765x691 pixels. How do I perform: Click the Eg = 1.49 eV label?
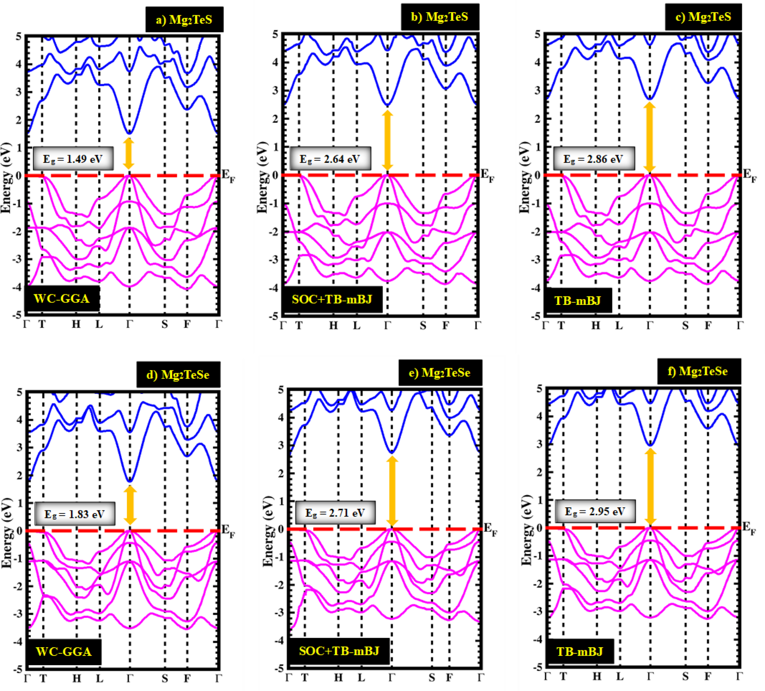coord(73,159)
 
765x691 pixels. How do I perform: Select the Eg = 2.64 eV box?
coord(330,159)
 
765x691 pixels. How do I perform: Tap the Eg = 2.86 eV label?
coord(594,159)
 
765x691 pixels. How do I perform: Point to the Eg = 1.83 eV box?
coord(75,514)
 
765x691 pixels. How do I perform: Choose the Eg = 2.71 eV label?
coord(335,513)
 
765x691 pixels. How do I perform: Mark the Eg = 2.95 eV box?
coord(595,511)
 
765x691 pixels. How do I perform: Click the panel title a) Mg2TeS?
coord(184,19)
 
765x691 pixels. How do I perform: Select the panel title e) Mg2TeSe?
coord(440,372)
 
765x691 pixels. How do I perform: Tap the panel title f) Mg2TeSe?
coord(699,371)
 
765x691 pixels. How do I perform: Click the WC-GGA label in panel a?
coord(62,298)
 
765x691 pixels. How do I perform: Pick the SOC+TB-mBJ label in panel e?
coord(339,651)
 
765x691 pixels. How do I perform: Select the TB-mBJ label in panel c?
coord(578,300)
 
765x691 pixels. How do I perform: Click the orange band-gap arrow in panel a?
coord(128,153)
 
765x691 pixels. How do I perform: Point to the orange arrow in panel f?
coord(650,486)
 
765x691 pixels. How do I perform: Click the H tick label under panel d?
coord(77,678)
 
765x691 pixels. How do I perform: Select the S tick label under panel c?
coord(685,325)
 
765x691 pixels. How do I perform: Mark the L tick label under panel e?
coord(361,677)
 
